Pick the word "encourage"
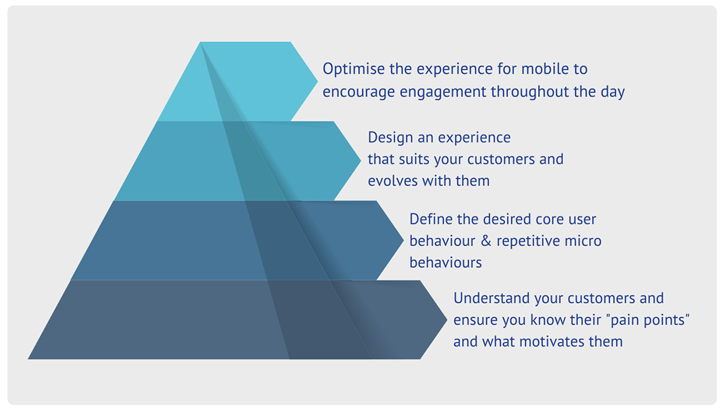pos(359,92)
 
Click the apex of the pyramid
pos(200,42)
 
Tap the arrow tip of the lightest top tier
pos(318,81)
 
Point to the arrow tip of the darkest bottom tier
pos(447,319)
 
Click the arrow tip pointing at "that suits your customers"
pos(361,160)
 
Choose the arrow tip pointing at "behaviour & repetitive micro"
pos(403,239)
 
